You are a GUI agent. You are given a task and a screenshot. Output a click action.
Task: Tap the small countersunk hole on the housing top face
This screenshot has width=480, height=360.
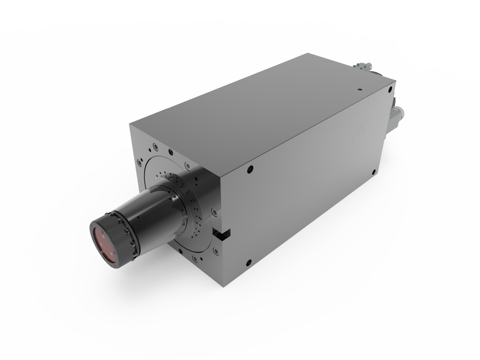359,89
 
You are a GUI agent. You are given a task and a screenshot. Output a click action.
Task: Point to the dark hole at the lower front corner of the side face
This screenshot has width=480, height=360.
248,263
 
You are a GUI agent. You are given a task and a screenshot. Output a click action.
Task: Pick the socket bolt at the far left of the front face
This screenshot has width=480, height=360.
139,163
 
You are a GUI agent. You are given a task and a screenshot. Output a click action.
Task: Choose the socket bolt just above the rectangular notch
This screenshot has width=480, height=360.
214,212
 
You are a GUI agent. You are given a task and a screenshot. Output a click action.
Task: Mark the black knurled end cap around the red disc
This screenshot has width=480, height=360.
120,240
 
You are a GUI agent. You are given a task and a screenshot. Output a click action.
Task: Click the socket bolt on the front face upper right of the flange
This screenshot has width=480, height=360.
187,165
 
